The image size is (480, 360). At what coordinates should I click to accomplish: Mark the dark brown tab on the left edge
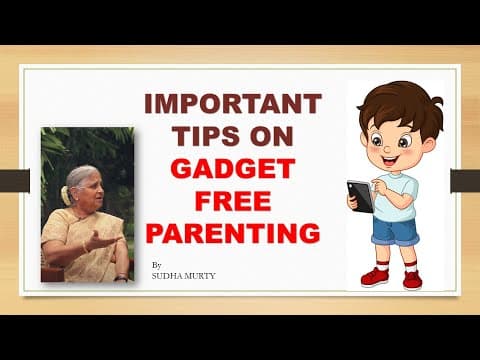point(14,181)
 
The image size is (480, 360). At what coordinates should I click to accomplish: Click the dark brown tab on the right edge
point(465,181)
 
